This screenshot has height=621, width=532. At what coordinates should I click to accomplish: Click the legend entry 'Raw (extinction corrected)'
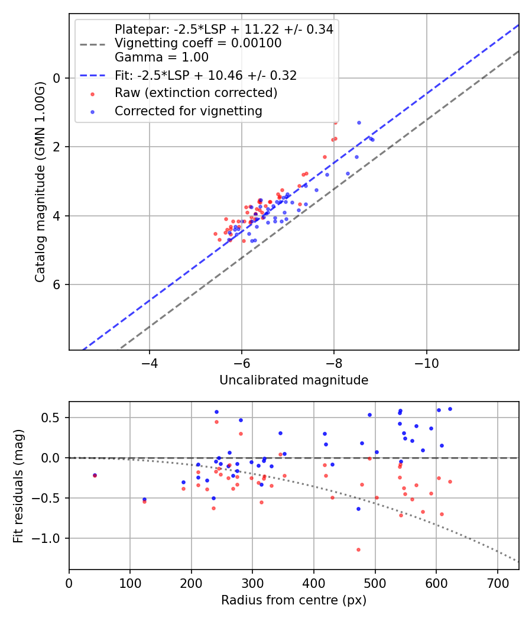(196, 93)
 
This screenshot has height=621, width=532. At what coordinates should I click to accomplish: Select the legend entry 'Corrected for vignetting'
(189, 111)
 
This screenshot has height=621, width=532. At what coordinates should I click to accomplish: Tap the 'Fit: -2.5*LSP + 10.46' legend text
(206, 75)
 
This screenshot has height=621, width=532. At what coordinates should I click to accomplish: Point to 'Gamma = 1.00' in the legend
(161, 57)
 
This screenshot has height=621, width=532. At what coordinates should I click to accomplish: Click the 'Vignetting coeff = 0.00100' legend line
(198, 43)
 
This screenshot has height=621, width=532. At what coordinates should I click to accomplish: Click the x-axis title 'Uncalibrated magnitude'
(294, 380)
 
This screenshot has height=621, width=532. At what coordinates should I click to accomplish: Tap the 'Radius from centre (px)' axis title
(294, 600)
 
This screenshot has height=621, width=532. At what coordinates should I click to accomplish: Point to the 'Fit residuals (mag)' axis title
(18, 486)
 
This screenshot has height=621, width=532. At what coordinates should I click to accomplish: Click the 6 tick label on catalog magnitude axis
(57, 284)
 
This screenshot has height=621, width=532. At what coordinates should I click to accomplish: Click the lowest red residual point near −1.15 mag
(358, 549)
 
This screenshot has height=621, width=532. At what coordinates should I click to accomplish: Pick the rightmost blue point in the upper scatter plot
(372, 140)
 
